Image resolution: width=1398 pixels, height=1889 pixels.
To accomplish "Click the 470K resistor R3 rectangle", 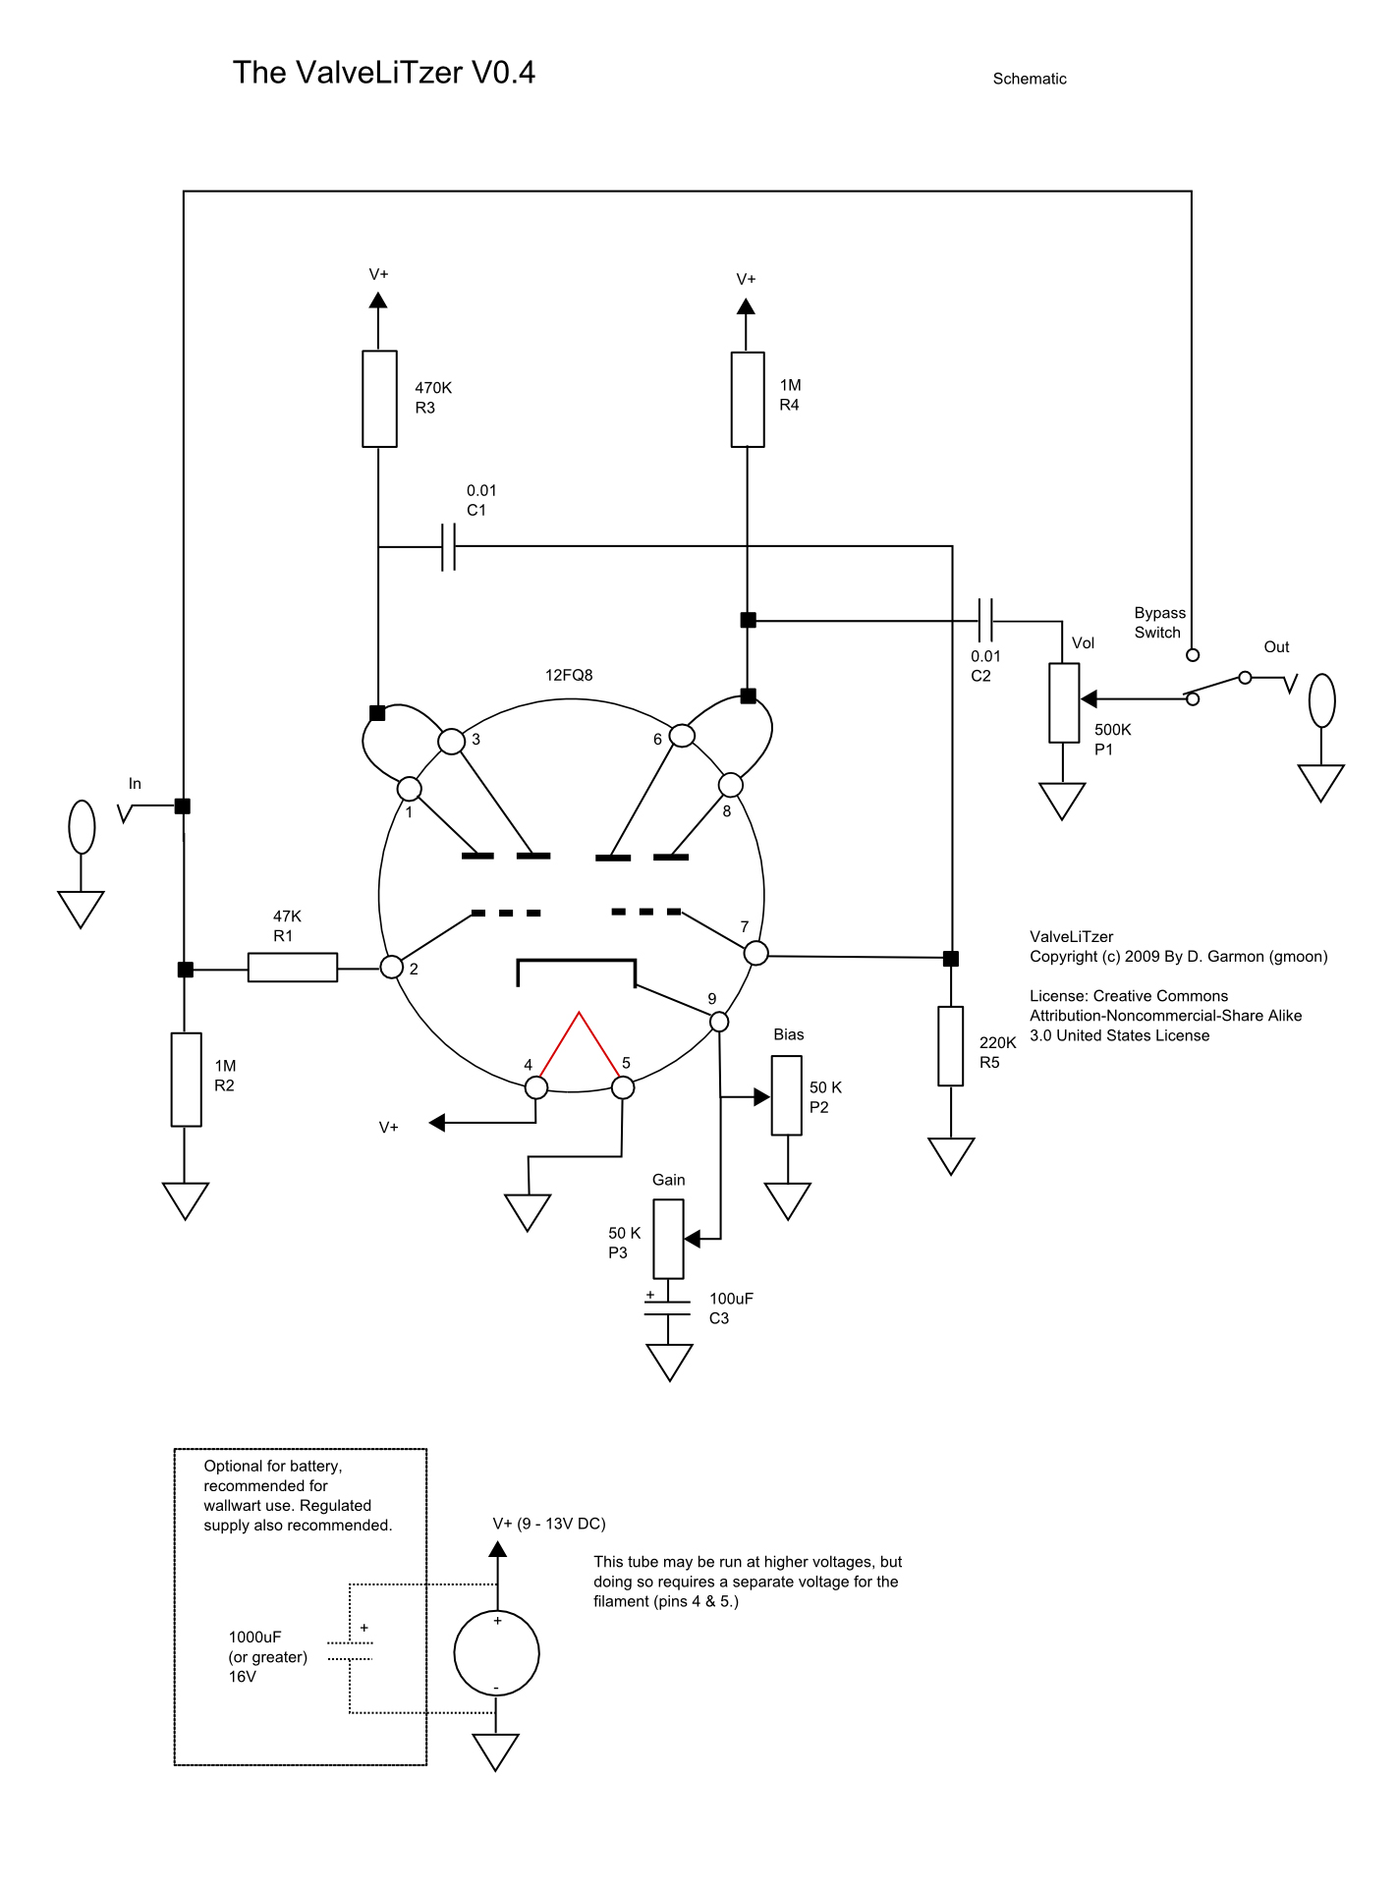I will point(379,399).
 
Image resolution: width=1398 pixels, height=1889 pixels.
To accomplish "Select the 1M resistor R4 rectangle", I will point(748,399).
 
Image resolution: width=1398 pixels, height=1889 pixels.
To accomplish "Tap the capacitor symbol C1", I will point(448,547).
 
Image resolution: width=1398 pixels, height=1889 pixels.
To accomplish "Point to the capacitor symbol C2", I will point(986,621).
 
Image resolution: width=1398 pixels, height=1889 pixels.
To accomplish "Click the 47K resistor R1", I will point(293,968).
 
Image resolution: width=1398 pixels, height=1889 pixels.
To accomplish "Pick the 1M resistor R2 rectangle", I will point(186,1080).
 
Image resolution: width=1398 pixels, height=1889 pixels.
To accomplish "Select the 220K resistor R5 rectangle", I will point(950,1046).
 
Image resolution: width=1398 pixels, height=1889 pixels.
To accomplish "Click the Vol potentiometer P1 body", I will point(1064,702).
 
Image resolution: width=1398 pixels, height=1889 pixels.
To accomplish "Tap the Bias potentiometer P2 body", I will point(787,1095).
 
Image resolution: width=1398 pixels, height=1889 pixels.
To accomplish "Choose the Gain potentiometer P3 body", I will point(668,1240).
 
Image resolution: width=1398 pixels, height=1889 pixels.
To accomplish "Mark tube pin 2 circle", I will point(392,967).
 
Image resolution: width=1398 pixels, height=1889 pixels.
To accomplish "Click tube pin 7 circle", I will point(755,953).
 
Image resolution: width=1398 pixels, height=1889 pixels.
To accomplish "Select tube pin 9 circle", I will point(719,1022).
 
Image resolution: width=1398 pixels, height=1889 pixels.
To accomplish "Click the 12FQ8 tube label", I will point(569,675).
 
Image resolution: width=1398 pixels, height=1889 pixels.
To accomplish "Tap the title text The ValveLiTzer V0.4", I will point(383,73).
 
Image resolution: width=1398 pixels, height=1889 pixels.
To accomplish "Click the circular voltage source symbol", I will point(496,1652).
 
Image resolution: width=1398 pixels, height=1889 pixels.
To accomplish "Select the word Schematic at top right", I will point(1029,79).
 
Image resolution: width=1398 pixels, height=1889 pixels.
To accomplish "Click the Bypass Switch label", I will point(1159,623).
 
